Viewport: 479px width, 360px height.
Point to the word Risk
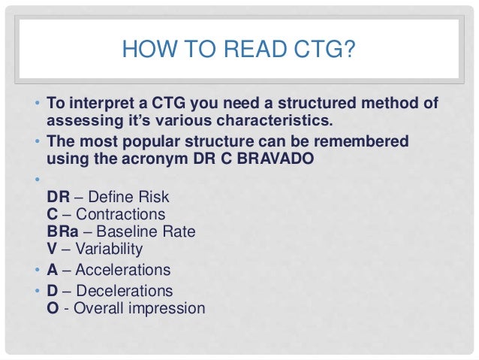(x=153, y=197)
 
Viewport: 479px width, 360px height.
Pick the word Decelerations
(x=123, y=290)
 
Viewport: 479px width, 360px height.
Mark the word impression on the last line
(x=170, y=308)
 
